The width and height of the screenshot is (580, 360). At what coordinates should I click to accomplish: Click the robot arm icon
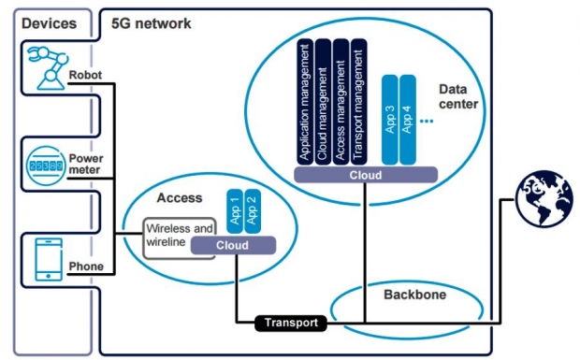pos(48,67)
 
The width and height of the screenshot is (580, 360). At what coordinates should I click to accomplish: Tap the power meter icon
pos(46,166)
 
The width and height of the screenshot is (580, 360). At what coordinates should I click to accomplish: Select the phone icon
pos(49,259)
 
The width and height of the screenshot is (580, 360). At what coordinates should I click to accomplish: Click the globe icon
pos(544,198)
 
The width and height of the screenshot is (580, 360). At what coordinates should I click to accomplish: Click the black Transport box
pos(291,323)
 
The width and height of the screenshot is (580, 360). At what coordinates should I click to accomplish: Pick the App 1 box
pos(235,211)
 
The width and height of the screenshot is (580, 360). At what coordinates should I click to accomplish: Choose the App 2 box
pos(253,211)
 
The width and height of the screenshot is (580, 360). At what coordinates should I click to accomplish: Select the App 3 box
pos(390,120)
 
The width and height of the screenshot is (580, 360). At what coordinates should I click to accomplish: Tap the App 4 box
pos(408,120)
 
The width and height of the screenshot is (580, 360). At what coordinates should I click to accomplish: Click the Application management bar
pos(305,102)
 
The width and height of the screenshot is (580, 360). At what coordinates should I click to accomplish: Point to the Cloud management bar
pos(323,102)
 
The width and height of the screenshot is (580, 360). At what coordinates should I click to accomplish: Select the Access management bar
pos(341,102)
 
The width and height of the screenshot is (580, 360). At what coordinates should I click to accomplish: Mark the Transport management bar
pos(359,102)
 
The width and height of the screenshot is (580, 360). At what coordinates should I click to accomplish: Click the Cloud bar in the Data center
pos(366,175)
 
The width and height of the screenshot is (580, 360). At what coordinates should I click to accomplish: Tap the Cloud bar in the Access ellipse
pos(234,245)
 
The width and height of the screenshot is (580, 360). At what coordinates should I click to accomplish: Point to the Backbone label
pos(415,295)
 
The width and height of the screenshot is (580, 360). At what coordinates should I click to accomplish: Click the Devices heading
pos(50,23)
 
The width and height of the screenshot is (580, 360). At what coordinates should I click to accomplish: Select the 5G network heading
pos(152,23)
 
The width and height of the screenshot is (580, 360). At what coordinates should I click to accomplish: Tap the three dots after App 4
pos(427,121)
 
